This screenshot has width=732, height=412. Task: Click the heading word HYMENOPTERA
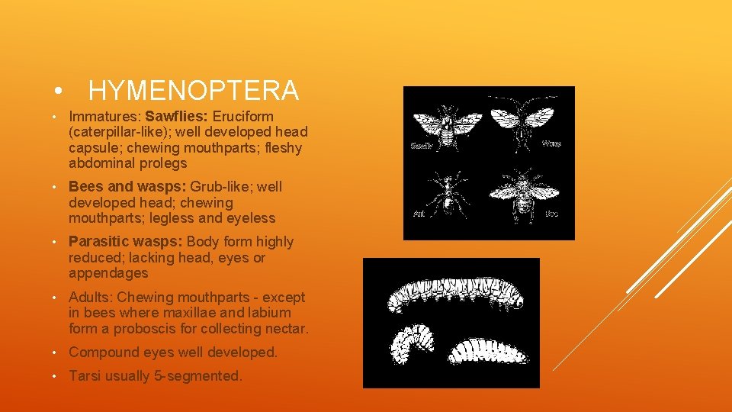click(194, 92)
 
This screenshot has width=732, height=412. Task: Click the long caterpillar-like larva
click(450, 295)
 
